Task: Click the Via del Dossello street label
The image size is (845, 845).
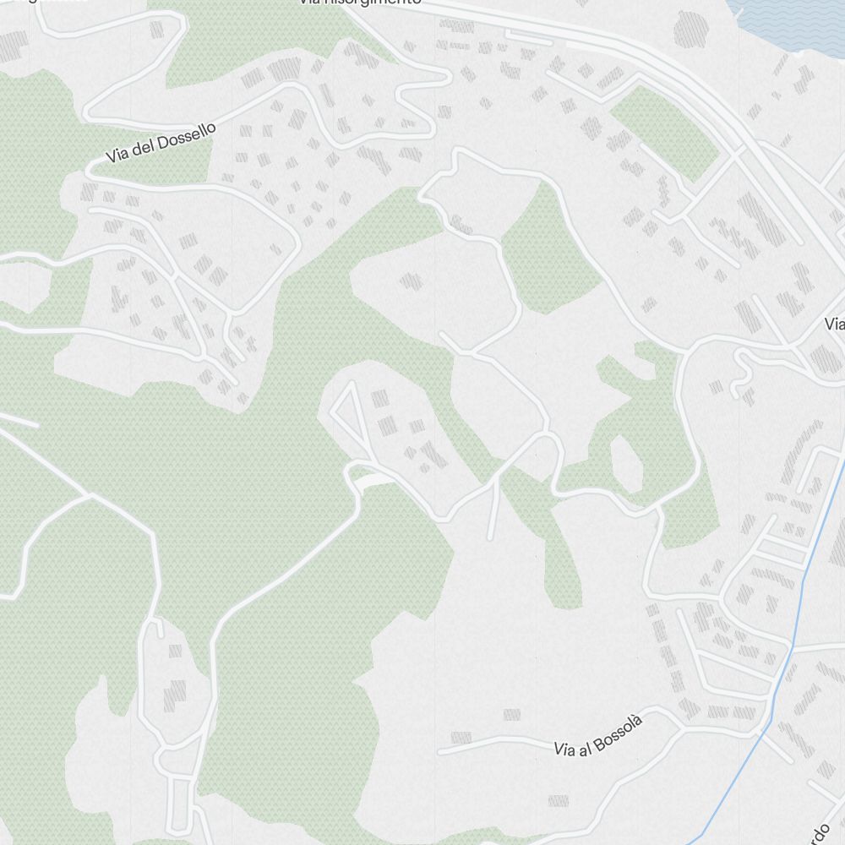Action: (x=161, y=143)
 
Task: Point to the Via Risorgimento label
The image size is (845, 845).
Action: (x=359, y=3)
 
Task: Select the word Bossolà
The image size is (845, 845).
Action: (x=619, y=728)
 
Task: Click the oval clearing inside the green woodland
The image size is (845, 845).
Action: (x=627, y=463)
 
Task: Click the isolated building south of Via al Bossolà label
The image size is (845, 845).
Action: (x=558, y=799)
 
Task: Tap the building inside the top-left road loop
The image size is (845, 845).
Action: (x=157, y=30)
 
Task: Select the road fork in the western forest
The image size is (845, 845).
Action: (x=89, y=495)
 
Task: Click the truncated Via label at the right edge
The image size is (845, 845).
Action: (x=835, y=324)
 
